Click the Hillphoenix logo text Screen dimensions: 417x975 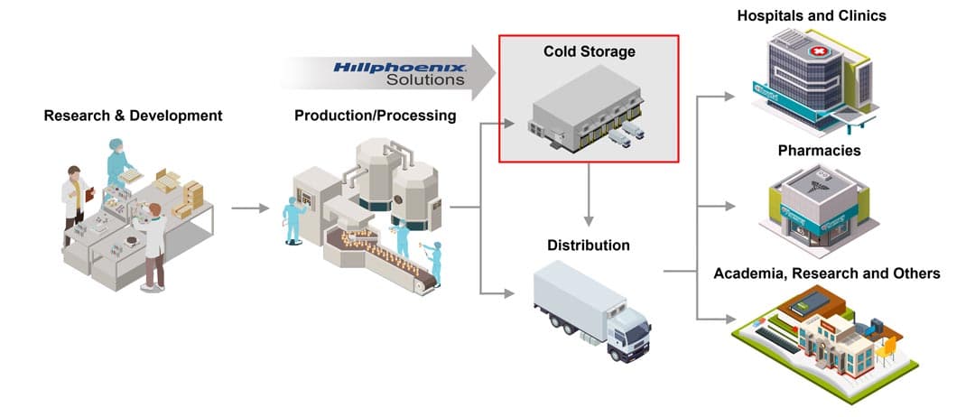coord(399,67)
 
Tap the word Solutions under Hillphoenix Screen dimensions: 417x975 coord(425,79)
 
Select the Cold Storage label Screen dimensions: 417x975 coord(589,51)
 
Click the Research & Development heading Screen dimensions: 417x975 coord(133,116)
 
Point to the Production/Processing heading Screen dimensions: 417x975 coord(376,116)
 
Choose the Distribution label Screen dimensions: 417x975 coord(589,245)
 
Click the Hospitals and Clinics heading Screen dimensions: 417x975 coord(812,15)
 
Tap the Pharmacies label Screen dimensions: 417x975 coord(812,150)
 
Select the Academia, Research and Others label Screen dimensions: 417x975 coord(827,273)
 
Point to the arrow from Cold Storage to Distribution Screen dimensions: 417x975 coord(589,193)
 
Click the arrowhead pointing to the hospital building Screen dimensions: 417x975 coord(729,94)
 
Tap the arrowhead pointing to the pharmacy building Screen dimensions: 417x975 coord(729,207)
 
